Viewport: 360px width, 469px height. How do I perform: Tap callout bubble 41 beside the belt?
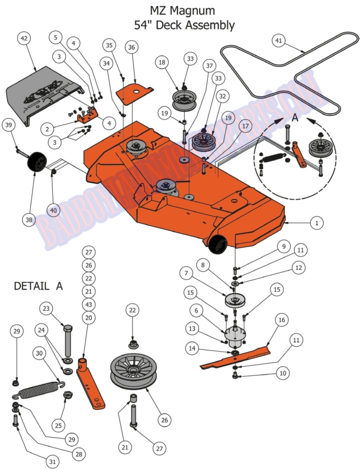[x=278, y=41]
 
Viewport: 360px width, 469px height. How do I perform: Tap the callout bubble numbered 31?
[x=52, y=462]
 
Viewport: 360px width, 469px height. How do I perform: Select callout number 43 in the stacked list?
[x=89, y=304]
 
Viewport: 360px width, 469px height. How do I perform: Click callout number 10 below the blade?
[x=283, y=373]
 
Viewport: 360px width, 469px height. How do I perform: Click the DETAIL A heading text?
[x=38, y=285]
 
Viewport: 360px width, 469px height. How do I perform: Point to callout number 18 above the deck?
[x=162, y=62]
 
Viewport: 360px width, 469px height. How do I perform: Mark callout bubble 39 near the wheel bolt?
[x=8, y=125]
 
